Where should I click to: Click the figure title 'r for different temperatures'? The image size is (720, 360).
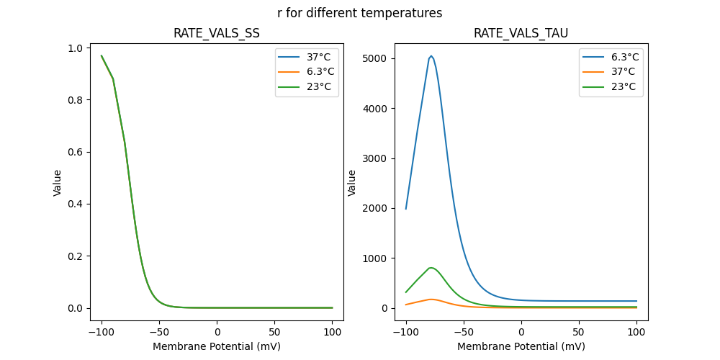point(359,13)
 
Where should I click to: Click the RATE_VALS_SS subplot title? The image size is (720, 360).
point(217,34)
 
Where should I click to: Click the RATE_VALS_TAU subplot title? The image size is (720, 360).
point(521,34)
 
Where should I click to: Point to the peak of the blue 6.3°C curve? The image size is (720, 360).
point(431,56)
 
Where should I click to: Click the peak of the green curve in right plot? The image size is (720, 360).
point(431,268)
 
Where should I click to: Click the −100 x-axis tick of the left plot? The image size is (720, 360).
point(102,333)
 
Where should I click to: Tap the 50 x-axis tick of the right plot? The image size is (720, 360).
point(579,333)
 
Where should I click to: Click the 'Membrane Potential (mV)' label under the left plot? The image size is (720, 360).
point(217,346)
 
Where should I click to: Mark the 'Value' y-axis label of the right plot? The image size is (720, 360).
point(353,183)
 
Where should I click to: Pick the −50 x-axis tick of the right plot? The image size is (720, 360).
point(464,333)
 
